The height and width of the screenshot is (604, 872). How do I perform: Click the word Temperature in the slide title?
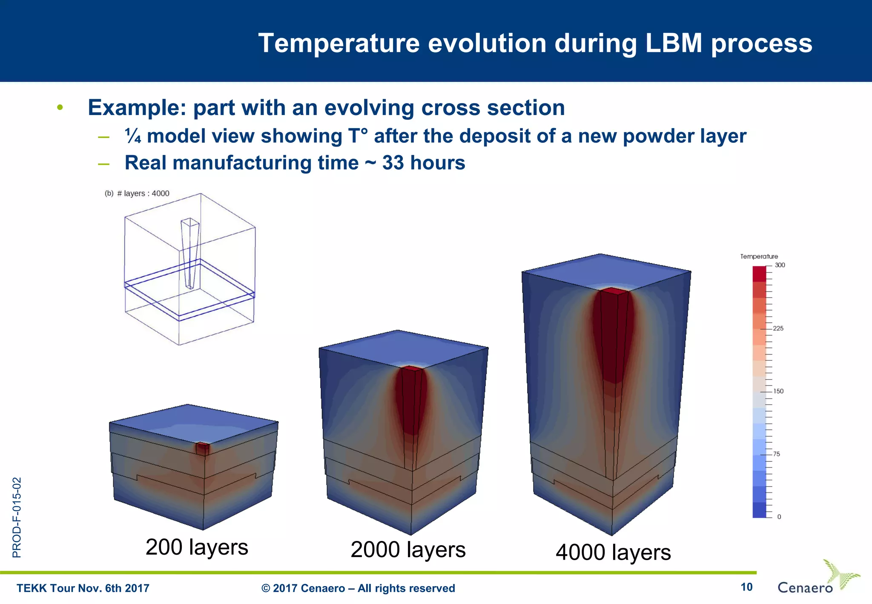(338, 43)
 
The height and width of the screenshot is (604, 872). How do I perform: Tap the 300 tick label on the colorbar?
(780, 265)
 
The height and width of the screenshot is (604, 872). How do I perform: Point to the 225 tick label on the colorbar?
(778, 328)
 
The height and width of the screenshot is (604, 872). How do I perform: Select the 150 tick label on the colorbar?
(778, 391)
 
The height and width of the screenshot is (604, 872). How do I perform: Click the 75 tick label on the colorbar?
(777, 454)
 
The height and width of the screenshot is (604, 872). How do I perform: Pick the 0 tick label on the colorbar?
(779, 517)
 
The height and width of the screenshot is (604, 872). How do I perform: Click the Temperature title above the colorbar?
(759, 256)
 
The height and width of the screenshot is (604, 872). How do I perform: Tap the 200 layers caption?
(197, 547)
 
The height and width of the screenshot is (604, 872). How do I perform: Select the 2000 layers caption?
(408, 549)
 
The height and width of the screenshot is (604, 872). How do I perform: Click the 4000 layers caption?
(613, 552)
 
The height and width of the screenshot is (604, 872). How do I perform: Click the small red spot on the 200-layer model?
(203, 448)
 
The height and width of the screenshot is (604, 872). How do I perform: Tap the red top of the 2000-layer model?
(411, 368)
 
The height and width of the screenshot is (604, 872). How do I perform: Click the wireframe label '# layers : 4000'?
(143, 193)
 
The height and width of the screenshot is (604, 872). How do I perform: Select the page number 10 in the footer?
(746, 587)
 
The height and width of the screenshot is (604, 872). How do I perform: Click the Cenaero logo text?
(805, 588)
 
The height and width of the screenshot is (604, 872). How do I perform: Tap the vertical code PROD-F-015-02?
(17, 518)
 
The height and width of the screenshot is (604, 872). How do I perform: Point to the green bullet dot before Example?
(60, 107)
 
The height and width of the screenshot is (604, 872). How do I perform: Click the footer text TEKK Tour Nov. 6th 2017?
(83, 588)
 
